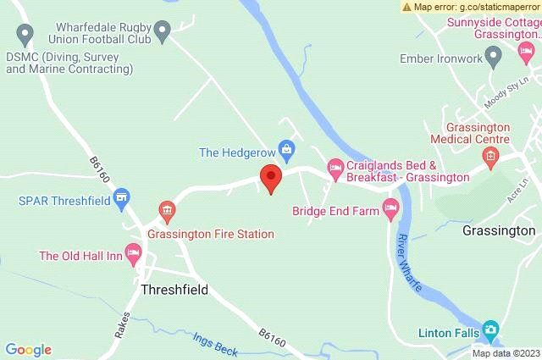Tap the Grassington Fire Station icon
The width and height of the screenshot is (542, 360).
click(166, 209)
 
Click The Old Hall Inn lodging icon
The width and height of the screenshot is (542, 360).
click(132, 252)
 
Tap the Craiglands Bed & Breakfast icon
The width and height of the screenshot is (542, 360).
click(335, 169)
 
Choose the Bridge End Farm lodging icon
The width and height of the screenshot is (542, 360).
click(391, 208)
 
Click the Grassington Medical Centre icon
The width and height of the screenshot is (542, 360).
click(489, 155)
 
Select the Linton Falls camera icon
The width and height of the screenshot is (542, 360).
click(489, 329)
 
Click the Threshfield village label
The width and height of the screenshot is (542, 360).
click(173, 290)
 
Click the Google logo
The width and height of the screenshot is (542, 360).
click(29, 350)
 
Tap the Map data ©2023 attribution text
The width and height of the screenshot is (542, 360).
click(506, 353)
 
